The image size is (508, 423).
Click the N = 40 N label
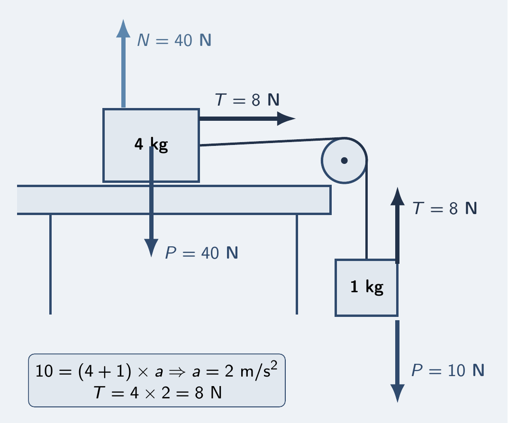pyautogui.click(x=174, y=40)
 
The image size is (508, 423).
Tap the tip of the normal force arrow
pyautogui.click(x=123, y=20)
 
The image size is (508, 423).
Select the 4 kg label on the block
pyautogui.click(x=151, y=144)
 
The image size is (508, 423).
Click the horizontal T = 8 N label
pyautogui.click(x=247, y=100)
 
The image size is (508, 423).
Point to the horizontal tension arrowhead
pyautogui.click(x=286, y=118)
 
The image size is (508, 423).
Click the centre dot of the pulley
pyautogui.click(x=345, y=161)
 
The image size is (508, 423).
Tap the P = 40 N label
pyautogui.click(x=201, y=253)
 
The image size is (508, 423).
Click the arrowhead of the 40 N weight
pyautogui.click(x=151, y=248)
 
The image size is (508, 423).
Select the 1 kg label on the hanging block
pyautogui.click(x=367, y=287)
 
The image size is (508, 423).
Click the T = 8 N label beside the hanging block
pyautogui.click(x=444, y=208)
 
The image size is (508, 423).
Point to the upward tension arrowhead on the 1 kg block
pyautogui.click(x=398, y=196)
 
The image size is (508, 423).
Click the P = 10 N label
pyautogui.click(x=448, y=370)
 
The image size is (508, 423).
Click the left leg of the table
pyautogui.click(x=51, y=264)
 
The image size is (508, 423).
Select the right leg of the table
pyautogui.click(x=297, y=264)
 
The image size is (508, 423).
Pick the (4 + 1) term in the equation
pyautogui.click(x=105, y=371)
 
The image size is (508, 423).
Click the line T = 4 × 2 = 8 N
pyautogui.click(x=157, y=393)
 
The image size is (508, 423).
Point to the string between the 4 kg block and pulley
pyautogui.click(x=272, y=142)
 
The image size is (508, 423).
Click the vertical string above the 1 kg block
pyautogui.click(x=366, y=210)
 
